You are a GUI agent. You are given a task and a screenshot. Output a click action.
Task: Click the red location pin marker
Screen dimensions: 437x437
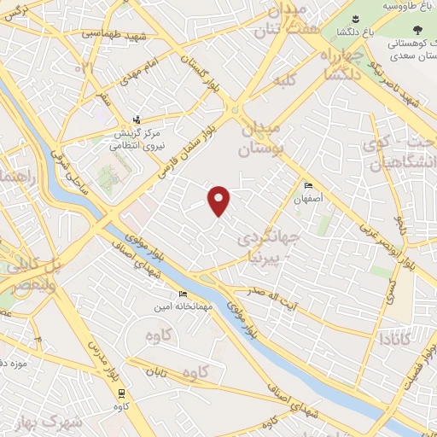pyautogui.click(x=220, y=201)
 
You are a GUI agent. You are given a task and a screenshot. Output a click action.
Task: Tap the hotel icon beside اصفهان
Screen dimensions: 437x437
pyautogui.click(x=309, y=186)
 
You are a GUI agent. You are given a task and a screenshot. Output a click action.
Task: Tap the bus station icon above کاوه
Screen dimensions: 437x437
pyautogui.click(x=122, y=393)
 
